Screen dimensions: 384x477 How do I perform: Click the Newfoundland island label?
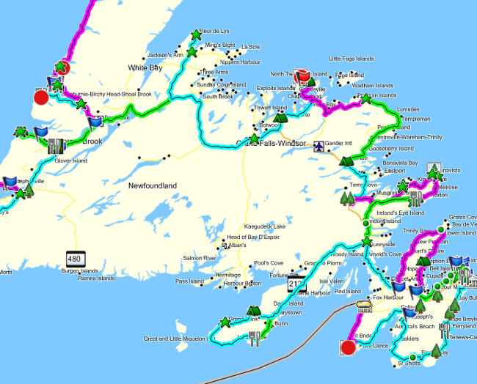(153, 186)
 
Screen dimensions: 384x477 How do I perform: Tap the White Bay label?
(145, 67)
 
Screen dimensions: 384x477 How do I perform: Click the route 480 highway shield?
(74, 258)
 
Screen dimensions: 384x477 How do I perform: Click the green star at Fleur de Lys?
(196, 34)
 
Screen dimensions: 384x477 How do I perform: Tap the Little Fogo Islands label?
(352, 59)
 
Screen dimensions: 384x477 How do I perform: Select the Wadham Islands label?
(373, 86)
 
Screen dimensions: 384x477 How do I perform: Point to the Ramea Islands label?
(95, 278)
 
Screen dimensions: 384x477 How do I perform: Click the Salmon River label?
(200, 259)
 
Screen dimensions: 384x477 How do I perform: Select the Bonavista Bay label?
(402, 163)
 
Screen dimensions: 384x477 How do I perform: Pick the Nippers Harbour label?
(241, 62)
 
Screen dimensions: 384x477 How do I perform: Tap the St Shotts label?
(408, 363)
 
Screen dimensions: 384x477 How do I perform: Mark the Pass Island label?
(189, 281)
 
